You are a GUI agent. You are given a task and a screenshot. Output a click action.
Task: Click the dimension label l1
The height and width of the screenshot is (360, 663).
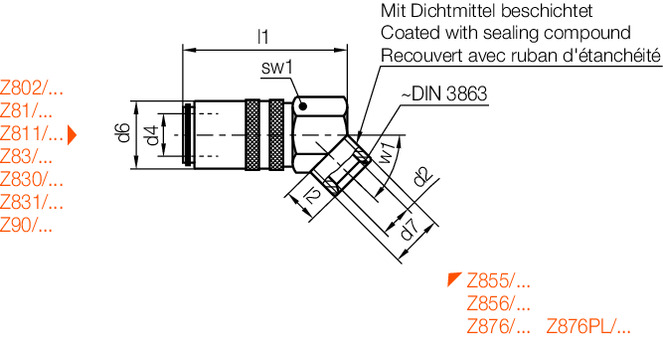coord(263,37)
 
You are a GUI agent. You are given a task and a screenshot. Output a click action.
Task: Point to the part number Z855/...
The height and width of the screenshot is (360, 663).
coord(498,280)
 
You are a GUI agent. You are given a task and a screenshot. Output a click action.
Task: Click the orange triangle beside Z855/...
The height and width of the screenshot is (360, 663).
coord(454,278)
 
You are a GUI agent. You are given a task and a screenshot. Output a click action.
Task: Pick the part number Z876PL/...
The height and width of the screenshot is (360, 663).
coord(589,326)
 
